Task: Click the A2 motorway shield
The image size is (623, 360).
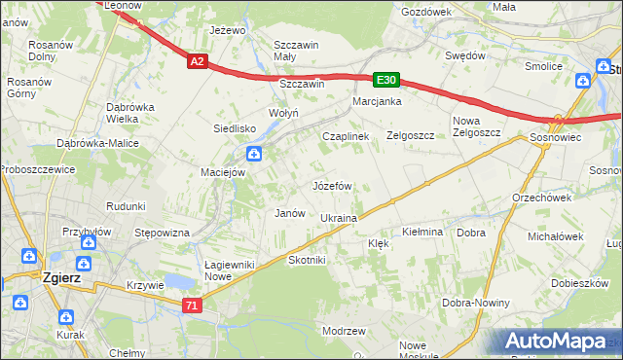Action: click(197, 61)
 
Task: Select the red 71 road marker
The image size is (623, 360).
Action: click(193, 306)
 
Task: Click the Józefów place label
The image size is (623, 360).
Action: click(332, 185)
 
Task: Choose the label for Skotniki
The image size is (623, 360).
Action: click(307, 261)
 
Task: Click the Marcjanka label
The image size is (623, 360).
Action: click(378, 101)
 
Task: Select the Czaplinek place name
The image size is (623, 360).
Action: click(346, 137)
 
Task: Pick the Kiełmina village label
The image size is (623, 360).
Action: click(422, 233)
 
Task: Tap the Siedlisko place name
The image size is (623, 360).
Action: click(235, 128)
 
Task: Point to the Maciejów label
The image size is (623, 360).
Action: click(222, 172)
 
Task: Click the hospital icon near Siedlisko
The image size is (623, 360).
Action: click(253, 152)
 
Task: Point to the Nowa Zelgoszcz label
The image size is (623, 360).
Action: click(476, 127)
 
